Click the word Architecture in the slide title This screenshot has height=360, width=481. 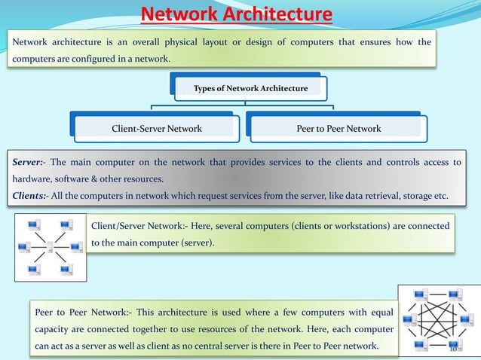(x=283, y=14)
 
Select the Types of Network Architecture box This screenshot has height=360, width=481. (x=250, y=88)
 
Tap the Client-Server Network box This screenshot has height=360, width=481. (x=157, y=129)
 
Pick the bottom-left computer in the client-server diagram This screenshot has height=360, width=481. (x=32, y=270)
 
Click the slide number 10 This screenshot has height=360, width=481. (x=454, y=349)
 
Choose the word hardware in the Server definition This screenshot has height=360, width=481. (x=26, y=179)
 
